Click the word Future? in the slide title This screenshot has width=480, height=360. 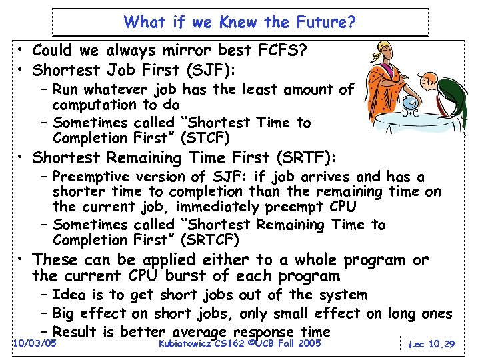click(323, 23)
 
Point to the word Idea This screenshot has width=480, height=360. click(69, 295)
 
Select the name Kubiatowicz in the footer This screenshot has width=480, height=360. click(187, 343)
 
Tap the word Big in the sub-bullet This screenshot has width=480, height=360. click(65, 313)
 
